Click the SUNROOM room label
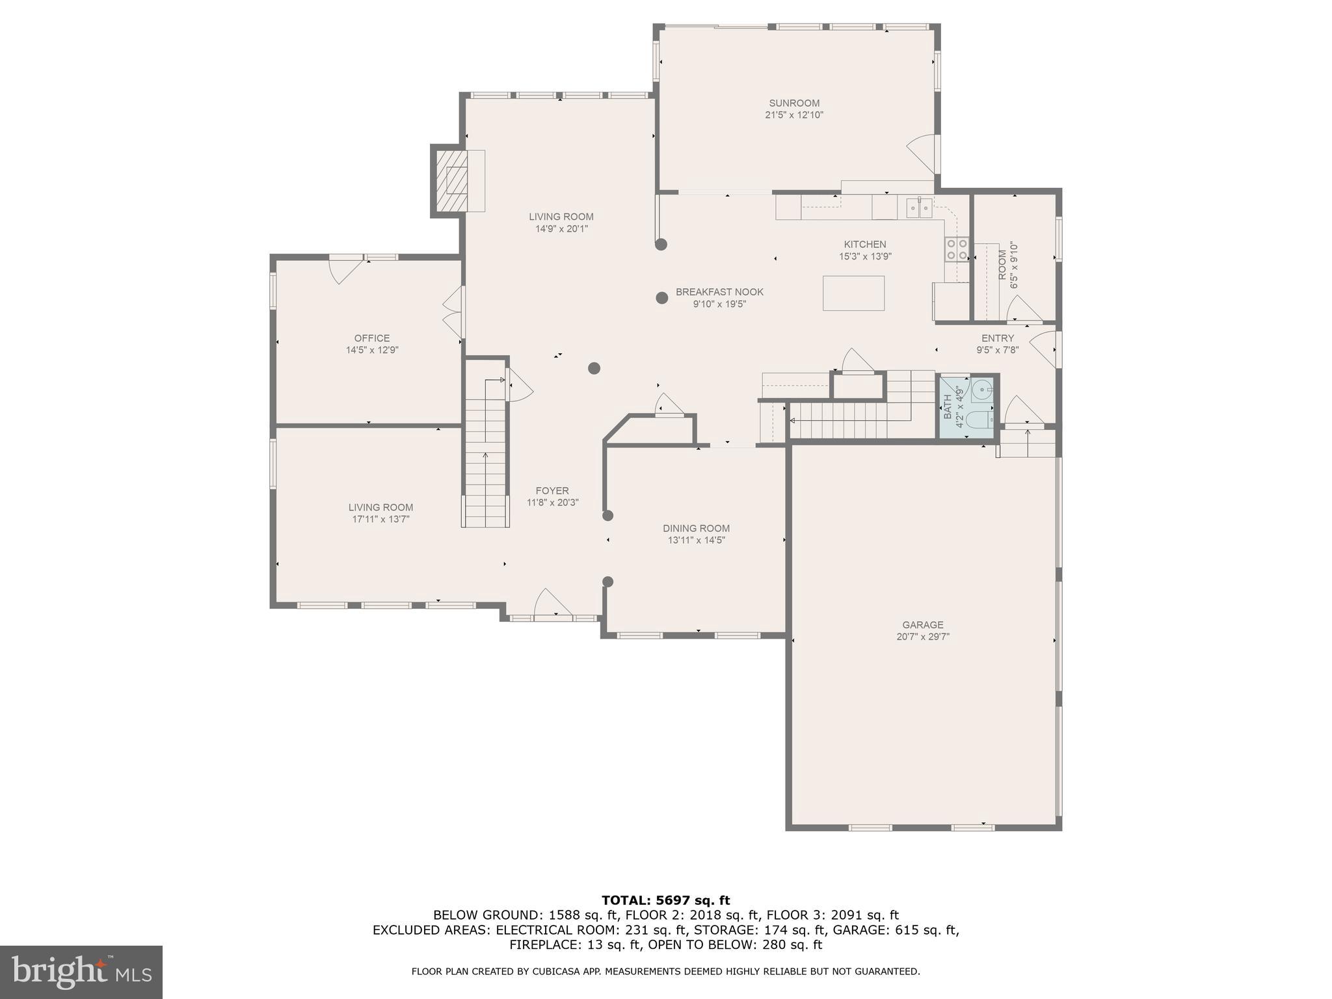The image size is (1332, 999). pos(794,103)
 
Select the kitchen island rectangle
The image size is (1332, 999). pos(853,293)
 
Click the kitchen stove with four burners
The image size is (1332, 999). pos(956,249)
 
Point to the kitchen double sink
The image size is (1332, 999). pos(919,208)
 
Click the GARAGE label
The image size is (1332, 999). pos(922,625)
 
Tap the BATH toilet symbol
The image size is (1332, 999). pos(978,420)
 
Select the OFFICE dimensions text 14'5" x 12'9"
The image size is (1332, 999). pos(372,350)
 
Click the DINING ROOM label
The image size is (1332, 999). pos(696,528)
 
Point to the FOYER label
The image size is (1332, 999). pos(552,491)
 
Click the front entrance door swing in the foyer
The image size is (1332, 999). pos(552,604)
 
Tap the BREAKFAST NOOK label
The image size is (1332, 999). pos(719,292)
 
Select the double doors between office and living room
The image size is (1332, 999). pos(453,312)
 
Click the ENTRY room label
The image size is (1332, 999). pos(997,338)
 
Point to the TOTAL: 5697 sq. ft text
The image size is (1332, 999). pos(665,900)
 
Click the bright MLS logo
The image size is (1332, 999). pos(81,972)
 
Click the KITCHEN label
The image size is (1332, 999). pos(865,245)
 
